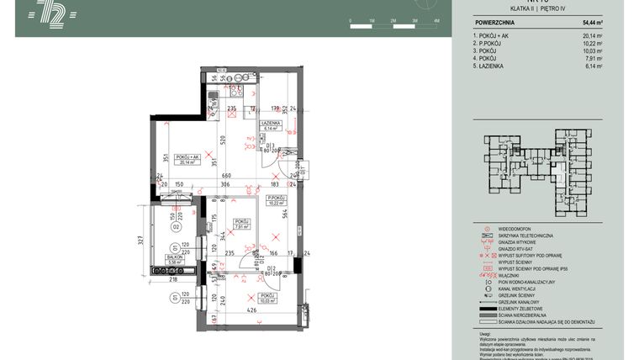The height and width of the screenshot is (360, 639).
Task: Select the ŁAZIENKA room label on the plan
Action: pyautogui.click(x=271, y=123)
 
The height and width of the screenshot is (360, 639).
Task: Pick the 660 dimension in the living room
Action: pyautogui.click(x=202, y=175)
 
